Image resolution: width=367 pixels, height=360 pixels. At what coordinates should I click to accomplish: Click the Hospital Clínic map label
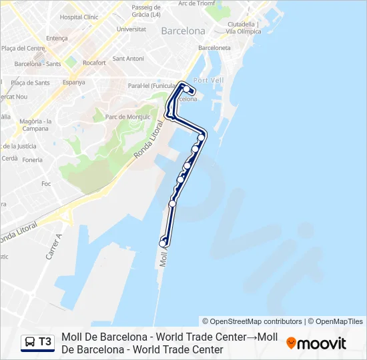(79, 17)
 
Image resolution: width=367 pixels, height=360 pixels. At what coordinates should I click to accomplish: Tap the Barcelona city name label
(183, 31)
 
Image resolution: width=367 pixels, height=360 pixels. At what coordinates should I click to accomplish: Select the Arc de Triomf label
(196, 3)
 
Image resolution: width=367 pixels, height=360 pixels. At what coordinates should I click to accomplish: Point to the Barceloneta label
(214, 48)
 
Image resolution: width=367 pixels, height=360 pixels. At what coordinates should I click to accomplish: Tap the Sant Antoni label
(128, 59)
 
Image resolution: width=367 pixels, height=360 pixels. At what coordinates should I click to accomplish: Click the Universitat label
(131, 29)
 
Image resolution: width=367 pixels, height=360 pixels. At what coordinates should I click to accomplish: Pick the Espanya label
(73, 83)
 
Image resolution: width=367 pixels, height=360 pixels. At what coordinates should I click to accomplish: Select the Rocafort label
(94, 63)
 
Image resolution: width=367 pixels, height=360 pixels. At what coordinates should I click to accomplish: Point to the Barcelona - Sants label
(37, 64)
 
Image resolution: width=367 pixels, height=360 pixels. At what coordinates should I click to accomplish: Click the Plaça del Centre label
(23, 48)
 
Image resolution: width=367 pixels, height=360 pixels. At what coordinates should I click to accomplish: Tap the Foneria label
(32, 160)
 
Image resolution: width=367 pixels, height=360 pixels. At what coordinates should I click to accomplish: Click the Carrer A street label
(53, 246)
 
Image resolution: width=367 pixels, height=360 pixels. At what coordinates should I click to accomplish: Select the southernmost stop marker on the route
(162, 244)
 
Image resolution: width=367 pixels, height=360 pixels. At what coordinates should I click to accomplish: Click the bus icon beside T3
(30, 342)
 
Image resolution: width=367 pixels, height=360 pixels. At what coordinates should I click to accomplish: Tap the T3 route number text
(45, 342)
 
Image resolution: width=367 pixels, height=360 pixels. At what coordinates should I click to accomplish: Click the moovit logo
(316, 343)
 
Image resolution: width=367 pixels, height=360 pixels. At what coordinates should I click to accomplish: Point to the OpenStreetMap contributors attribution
(252, 321)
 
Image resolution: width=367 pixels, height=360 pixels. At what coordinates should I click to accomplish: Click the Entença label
(57, 39)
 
